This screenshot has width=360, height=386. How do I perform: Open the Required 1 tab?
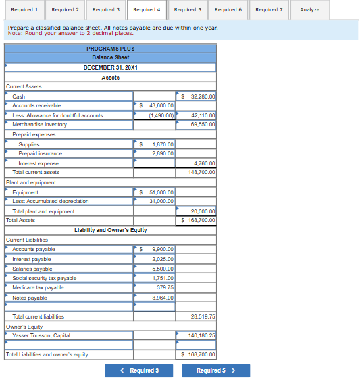[x=25, y=10]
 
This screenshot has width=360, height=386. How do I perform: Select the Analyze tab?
[x=309, y=10]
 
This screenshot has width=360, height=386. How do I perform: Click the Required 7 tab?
[x=269, y=10]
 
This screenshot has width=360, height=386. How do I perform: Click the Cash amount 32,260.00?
[x=199, y=96]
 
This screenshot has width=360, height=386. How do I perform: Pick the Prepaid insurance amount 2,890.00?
[x=163, y=154]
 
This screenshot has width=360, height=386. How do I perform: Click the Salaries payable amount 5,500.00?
[x=163, y=269]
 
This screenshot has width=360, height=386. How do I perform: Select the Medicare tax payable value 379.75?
[x=165, y=287]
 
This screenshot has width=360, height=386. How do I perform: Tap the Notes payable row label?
[x=30, y=298]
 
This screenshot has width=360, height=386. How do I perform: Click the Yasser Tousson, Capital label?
[x=41, y=335]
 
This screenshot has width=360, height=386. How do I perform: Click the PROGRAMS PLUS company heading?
[x=111, y=49]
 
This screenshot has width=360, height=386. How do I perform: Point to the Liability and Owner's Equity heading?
[x=111, y=231]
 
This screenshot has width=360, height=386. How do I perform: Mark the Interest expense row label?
[x=38, y=163]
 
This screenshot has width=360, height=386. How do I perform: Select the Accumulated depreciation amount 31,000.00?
[x=161, y=201]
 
